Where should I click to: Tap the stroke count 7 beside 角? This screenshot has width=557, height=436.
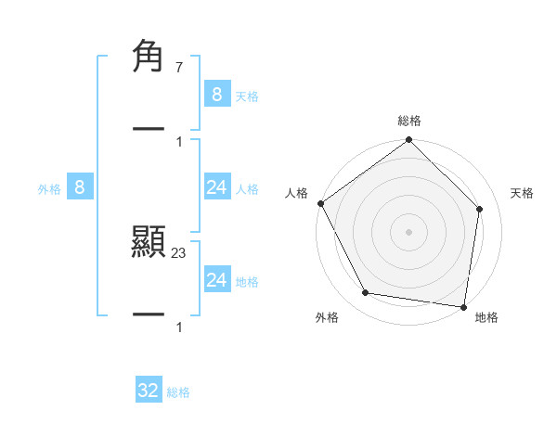178,68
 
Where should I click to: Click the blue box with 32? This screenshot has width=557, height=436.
149,391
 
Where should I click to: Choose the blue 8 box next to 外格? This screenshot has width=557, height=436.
80,187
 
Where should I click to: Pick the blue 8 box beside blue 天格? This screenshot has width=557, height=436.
216,95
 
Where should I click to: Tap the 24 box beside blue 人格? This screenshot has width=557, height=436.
216,187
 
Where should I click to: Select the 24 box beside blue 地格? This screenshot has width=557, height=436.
216,280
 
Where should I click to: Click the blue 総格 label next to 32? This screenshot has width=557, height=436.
178,392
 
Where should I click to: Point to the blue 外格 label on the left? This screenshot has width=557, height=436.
49,189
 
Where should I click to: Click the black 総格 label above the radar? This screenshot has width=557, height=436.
409,121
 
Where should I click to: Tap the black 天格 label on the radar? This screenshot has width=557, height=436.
523,193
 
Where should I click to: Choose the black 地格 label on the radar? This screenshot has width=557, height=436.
486,317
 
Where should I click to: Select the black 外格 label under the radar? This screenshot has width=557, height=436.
327,317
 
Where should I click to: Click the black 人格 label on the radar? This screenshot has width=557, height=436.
296,193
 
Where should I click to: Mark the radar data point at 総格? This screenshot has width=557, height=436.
409,140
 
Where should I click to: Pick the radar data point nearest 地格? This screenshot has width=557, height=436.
463,306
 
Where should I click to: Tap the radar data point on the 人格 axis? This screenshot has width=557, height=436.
321,203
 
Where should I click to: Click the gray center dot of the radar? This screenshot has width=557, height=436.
409,231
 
